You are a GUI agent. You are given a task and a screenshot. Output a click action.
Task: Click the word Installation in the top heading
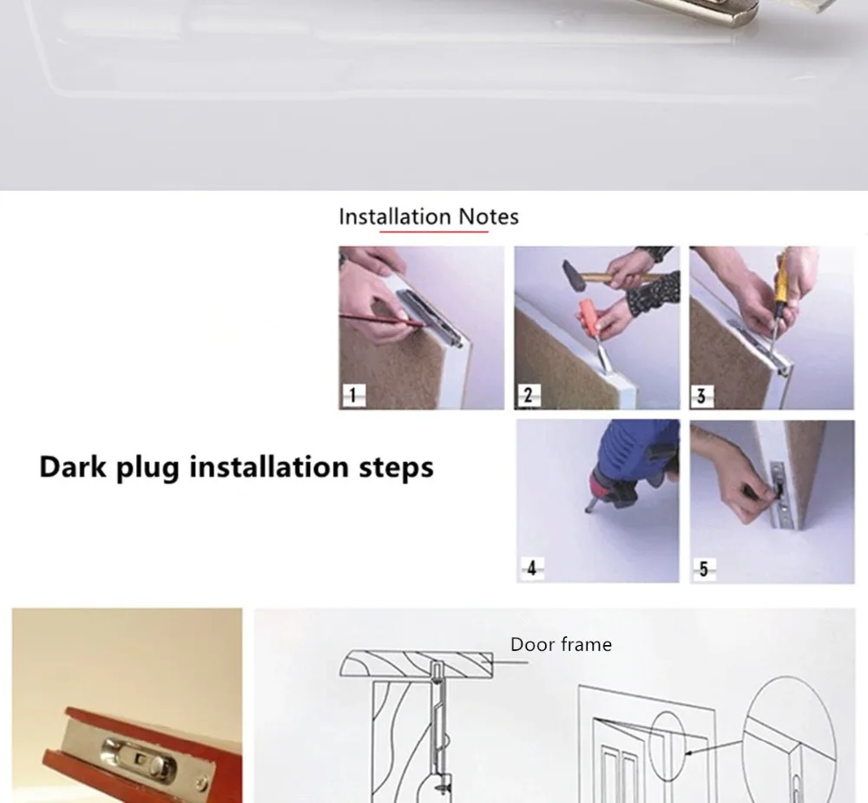395,216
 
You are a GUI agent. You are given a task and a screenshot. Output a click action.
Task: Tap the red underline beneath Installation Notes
433,231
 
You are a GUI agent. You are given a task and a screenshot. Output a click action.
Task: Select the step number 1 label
354,395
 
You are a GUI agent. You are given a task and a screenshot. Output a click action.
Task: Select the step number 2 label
529,395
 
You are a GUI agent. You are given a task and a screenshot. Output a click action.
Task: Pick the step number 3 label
702,397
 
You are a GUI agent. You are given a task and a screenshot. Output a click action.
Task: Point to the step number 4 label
532,569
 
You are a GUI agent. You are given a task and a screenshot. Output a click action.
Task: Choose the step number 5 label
704,569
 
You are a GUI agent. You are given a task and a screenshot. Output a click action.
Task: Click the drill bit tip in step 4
589,509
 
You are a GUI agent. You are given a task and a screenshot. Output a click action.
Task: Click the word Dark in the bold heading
73,467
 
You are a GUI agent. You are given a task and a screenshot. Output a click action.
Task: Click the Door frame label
561,645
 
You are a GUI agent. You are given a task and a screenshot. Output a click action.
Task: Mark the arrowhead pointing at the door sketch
689,753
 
